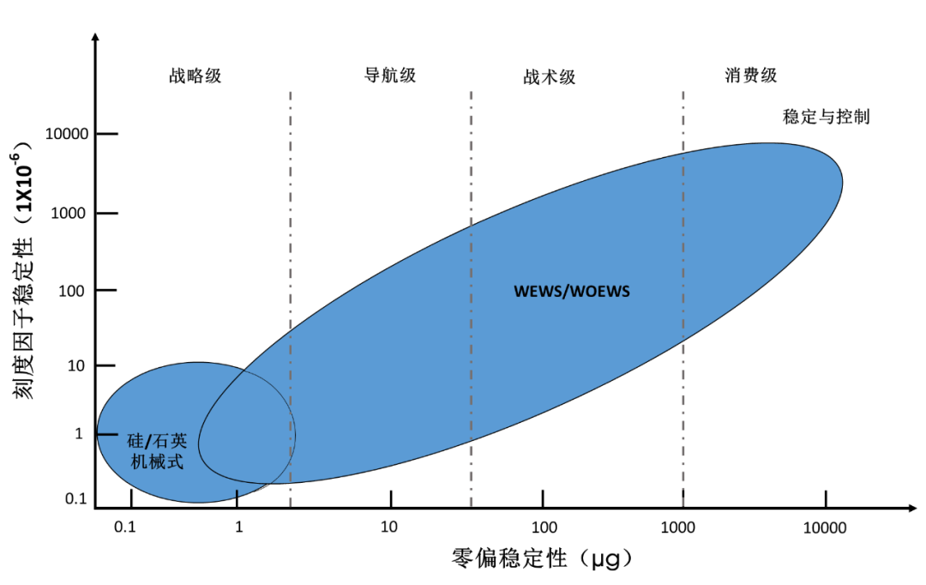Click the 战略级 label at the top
(x=195, y=75)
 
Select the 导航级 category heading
(x=390, y=75)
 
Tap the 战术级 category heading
(x=550, y=77)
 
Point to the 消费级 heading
(x=750, y=75)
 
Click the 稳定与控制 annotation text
(x=827, y=117)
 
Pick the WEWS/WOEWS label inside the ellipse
(x=572, y=292)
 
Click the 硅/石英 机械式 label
(x=157, y=451)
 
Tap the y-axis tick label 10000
(x=67, y=134)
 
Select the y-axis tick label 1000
(x=69, y=214)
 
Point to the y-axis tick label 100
(x=71, y=291)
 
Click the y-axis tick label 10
(x=76, y=365)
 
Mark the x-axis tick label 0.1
(x=124, y=527)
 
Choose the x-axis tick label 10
(x=388, y=527)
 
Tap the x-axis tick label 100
(x=544, y=527)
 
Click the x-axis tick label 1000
(x=677, y=527)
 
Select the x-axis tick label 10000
(x=825, y=527)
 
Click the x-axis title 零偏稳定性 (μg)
(x=542, y=558)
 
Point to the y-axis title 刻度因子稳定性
(x=24, y=318)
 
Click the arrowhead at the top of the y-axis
(x=96, y=37)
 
